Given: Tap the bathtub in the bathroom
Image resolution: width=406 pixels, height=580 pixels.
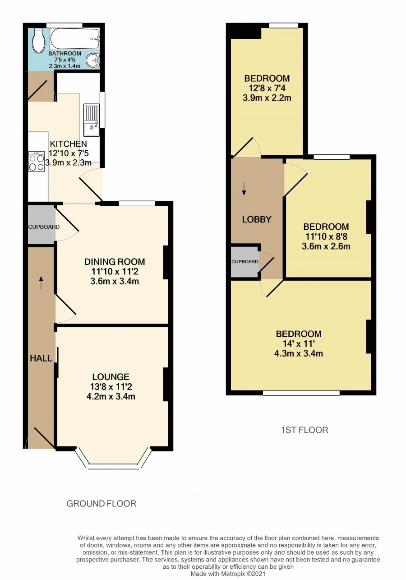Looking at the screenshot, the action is (74, 39).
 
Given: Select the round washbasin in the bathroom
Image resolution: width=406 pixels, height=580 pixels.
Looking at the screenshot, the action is (92, 60).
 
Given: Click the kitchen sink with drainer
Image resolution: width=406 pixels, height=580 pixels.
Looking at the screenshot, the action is (91, 120).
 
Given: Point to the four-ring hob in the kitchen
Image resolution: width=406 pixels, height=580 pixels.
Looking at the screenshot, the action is (37, 161).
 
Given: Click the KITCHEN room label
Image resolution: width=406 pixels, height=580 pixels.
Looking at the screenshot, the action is (68, 144).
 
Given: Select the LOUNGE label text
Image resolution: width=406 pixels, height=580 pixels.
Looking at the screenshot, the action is (111, 376).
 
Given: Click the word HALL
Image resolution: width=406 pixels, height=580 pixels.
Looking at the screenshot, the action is (41, 358).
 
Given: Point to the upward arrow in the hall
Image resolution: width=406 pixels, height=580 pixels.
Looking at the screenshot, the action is (41, 282).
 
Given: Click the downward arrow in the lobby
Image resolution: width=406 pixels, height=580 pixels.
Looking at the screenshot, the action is (244, 189).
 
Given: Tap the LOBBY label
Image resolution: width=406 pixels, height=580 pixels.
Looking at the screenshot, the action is (256, 219).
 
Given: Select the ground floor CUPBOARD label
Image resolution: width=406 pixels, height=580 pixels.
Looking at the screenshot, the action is (44, 227).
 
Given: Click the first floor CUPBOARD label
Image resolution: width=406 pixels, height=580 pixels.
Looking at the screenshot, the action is (245, 261).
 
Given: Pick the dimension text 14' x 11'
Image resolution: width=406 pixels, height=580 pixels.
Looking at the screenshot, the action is (299, 344).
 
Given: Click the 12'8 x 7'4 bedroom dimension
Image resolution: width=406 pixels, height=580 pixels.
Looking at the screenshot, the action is (267, 88).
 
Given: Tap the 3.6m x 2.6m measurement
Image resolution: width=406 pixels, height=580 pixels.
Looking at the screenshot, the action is (326, 246).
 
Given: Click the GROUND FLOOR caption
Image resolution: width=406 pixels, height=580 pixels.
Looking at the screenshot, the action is (101, 504).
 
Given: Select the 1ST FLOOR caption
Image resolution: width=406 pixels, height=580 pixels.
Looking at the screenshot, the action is (304, 430).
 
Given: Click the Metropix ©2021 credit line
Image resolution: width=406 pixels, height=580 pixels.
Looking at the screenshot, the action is (228, 574).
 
